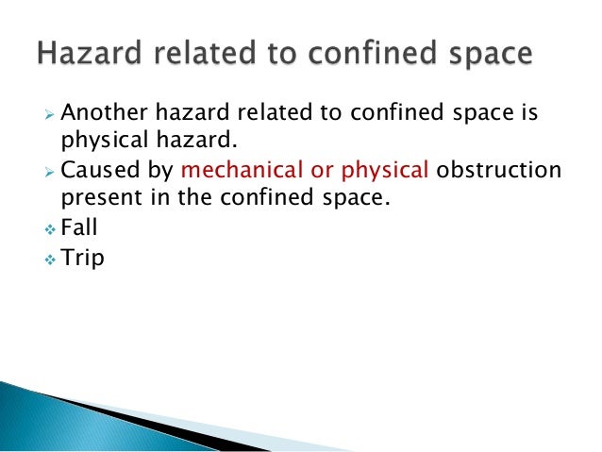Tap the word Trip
pyautogui.click(x=82, y=258)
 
